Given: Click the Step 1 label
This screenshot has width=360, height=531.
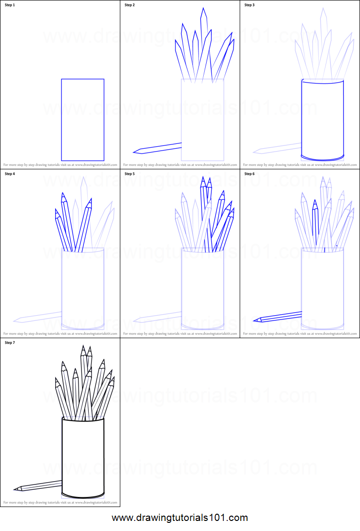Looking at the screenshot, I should coord(11,5).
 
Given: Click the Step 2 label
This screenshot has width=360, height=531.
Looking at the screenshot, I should coord(130,5).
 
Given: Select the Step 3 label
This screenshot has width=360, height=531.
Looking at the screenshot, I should coord(250,5).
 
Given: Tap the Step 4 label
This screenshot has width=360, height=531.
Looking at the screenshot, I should coord(10,174).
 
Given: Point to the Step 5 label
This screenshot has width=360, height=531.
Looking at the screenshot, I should coord(130,174).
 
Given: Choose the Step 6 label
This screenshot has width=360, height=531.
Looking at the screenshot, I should coord(250,174).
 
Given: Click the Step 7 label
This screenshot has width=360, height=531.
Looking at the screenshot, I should coord(10,342).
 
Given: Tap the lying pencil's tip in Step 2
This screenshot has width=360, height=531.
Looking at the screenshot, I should coord(135,152).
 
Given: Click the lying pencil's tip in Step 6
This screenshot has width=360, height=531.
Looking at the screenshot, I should coord(255,320).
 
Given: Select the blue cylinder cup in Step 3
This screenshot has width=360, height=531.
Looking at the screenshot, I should coord(323,119).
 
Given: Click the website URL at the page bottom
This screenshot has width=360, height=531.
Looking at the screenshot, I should coord(180,518).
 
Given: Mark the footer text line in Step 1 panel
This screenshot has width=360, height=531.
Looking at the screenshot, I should coord(60,164).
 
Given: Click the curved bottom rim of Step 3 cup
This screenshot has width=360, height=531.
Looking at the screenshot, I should coord(323,158).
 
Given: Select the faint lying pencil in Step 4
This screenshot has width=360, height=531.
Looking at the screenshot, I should coord(38,317).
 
